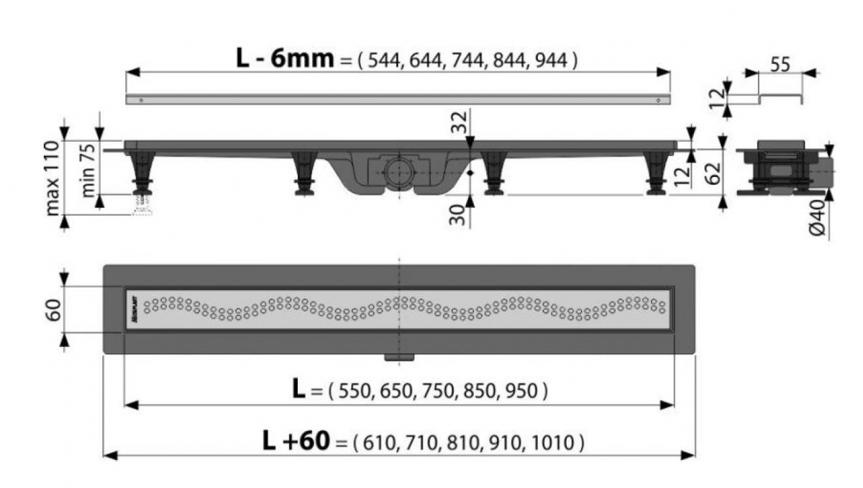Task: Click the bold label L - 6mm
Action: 285,58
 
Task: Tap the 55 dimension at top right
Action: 780,64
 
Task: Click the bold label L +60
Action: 296,440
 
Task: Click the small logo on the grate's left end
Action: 134,309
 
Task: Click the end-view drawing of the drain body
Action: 780,169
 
